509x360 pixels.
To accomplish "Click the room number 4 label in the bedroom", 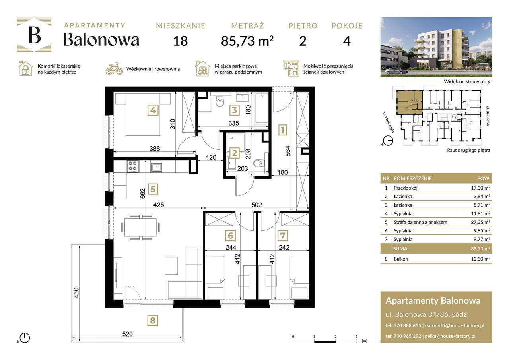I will click(x=152, y=110).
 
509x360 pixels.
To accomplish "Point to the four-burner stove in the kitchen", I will click(x=132, y=166).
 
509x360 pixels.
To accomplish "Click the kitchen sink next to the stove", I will click(x=157, y=167).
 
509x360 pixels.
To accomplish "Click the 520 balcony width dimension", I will click(x=127, y=334).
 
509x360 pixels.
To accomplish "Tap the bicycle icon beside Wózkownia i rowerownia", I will click(x=114, y=69).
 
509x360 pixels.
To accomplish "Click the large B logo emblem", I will click(x=34, y=35).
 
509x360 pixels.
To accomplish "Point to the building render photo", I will click(x=436, y=47).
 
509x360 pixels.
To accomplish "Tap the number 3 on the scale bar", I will click(x=356, y=336).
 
